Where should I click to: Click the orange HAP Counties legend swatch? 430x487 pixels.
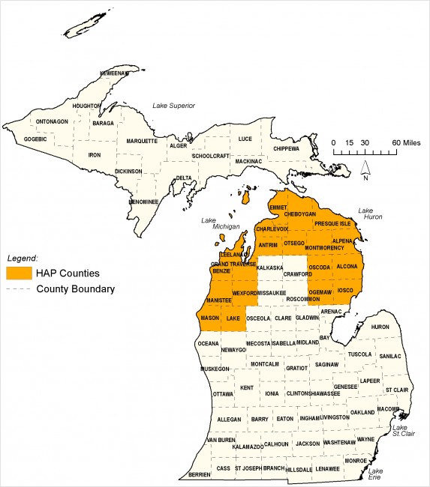(20, 273)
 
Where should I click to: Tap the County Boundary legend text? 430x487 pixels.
(80, 288)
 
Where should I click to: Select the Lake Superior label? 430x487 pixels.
(174, 106)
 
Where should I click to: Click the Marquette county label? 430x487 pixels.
(142, 140)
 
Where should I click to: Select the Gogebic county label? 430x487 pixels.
(35, 139)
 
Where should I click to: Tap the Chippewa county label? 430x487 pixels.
(285, 148)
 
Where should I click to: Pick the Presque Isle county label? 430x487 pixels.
(332, 223)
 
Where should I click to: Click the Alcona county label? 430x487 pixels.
(347, 266)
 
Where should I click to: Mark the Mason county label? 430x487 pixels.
(211, 318)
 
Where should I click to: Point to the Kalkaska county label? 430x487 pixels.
(270, 267)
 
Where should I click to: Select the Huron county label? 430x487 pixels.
(380, 327)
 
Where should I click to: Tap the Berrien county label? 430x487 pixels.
(200, 474)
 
